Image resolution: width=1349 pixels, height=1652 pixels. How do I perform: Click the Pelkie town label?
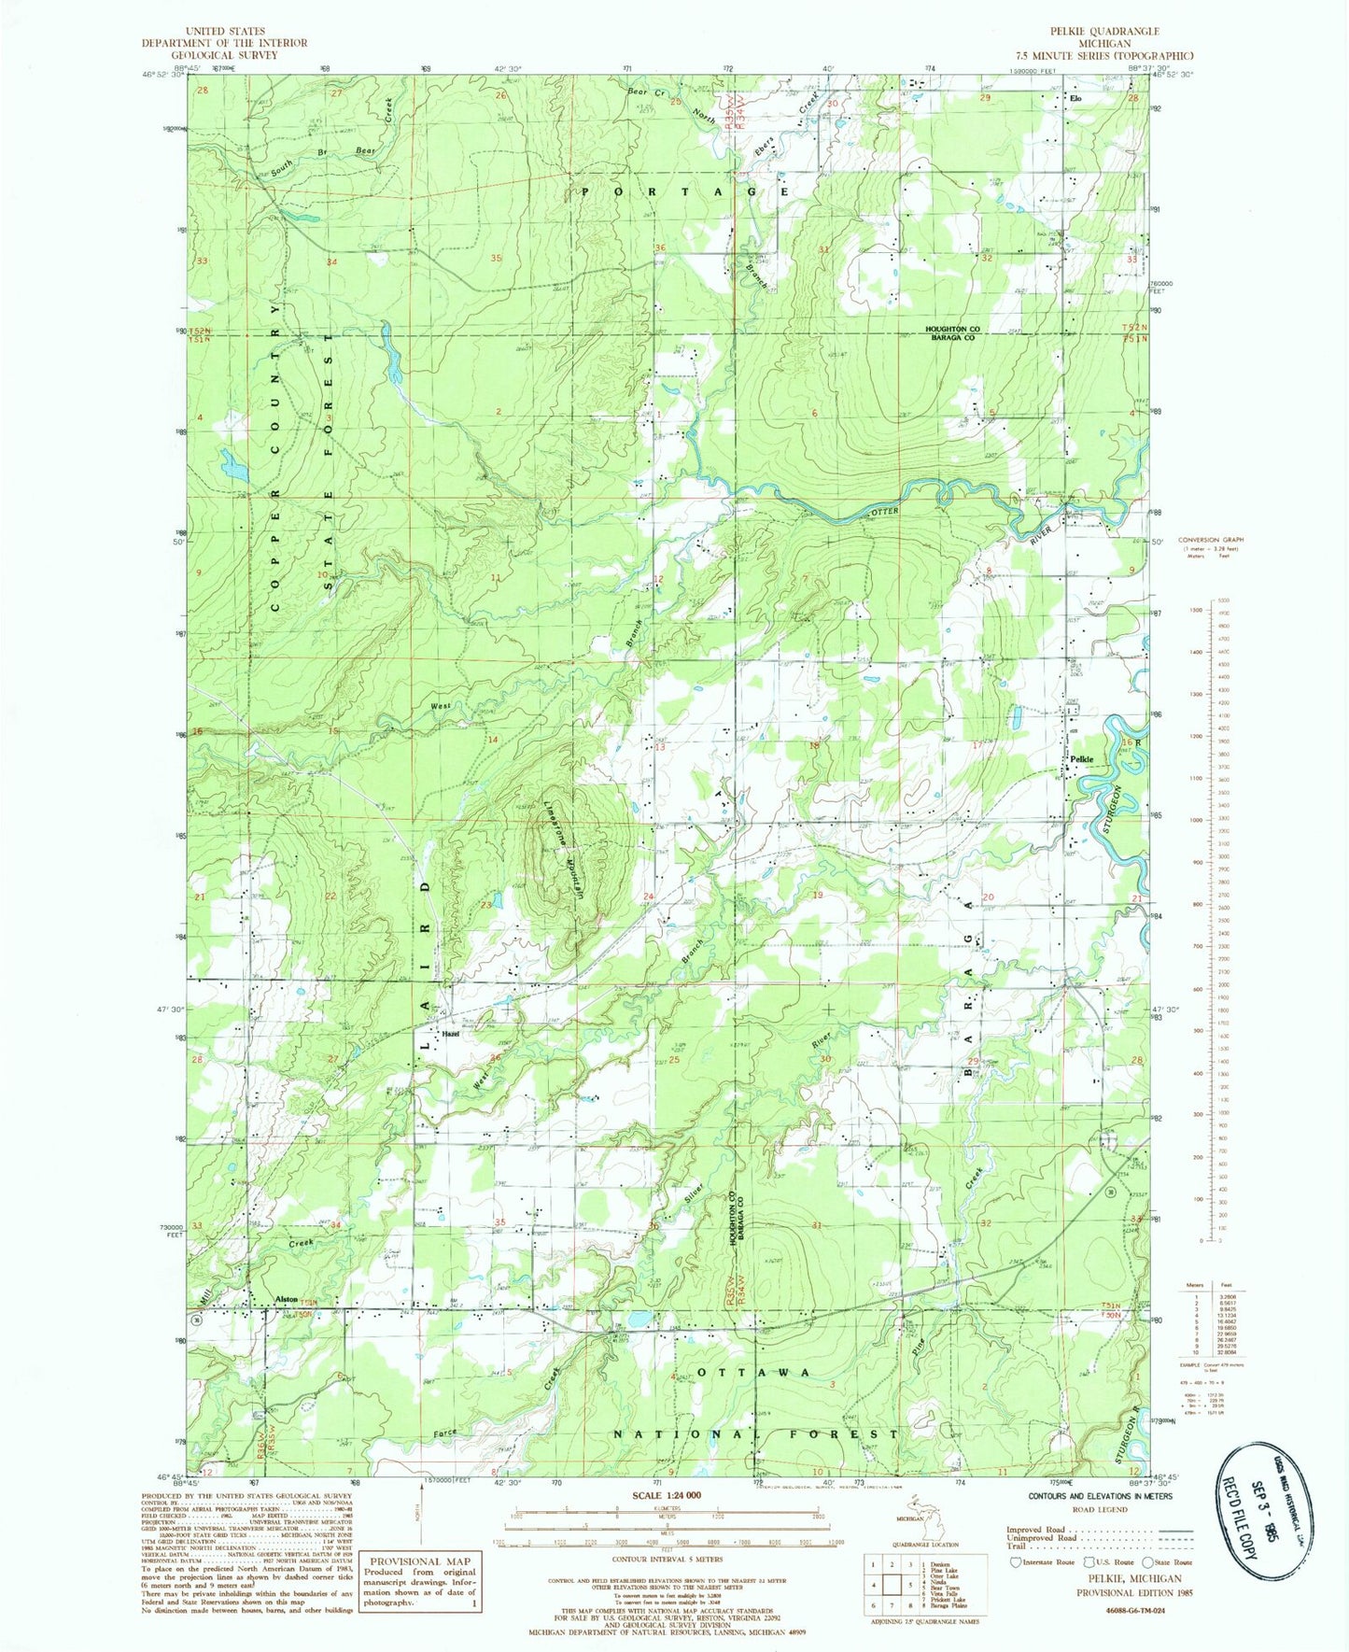(x=1083, y=758)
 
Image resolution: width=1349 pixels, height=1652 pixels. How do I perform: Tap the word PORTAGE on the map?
(x=686, y=191)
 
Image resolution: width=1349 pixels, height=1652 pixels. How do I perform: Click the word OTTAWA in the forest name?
(x=754, y=1372)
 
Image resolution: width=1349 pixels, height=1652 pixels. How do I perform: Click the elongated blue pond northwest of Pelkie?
(x=1015, y=717)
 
